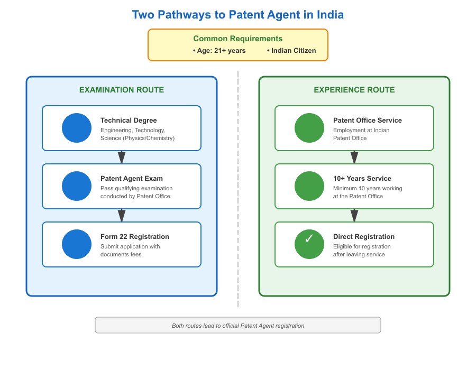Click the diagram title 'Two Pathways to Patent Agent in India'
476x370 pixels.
238,14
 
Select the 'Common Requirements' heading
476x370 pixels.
238,39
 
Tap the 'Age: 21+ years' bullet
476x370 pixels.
219,51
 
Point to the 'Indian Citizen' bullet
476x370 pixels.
291,51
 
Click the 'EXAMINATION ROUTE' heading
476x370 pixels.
122,90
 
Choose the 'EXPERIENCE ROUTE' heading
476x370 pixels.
354,90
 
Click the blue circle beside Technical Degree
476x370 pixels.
77,128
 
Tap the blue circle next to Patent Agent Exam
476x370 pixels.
77,186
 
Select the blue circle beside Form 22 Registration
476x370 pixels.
77,244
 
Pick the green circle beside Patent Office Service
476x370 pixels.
309,128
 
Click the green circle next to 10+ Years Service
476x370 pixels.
309,186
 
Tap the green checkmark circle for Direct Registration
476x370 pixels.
309,244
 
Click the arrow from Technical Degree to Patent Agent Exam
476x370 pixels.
122,157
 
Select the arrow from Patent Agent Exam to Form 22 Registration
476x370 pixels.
122,215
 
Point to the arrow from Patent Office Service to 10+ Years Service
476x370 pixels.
354,157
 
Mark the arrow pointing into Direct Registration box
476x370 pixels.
354,215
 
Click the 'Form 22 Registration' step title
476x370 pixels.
135,237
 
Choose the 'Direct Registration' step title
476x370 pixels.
364,237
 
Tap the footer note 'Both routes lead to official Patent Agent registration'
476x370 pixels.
238,326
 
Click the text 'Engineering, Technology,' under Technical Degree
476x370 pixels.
133,130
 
